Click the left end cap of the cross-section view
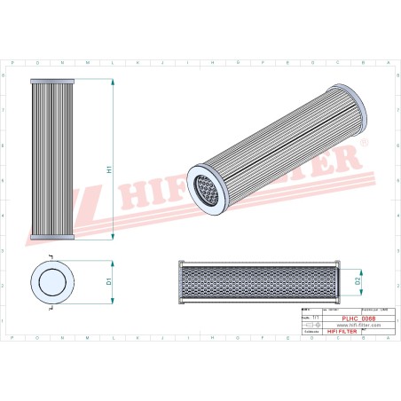180,282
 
